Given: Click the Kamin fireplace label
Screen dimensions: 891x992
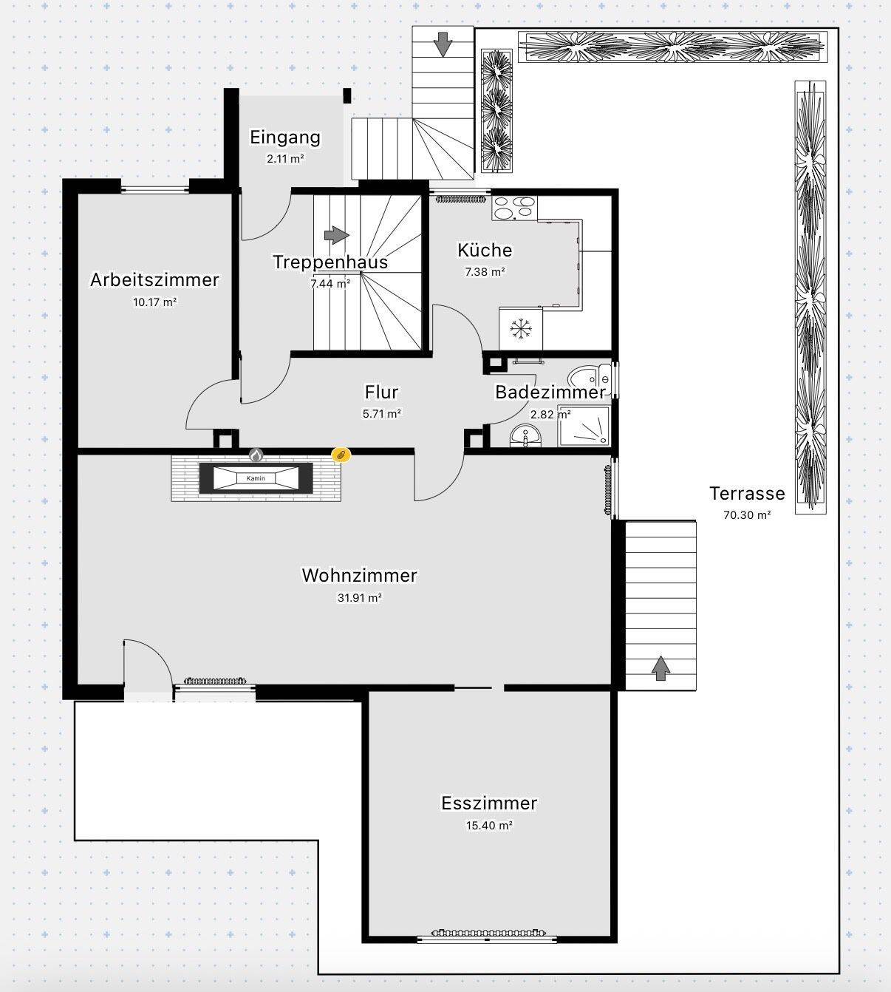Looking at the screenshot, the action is click(256, 478).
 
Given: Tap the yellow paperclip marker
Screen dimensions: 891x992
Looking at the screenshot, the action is click(341, 455).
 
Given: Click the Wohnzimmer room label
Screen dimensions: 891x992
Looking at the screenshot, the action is click(360, 576).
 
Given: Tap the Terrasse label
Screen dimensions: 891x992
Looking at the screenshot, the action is click(747, 493).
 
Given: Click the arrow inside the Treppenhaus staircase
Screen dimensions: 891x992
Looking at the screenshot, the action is click(337, 234).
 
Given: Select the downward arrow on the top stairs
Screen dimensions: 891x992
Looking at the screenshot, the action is click(443, 44).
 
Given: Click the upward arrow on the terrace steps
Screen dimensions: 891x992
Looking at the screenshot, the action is click(660, 668).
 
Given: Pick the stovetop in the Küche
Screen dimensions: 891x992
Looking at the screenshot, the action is click(515, 208).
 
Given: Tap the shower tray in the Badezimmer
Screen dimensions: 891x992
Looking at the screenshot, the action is click(584, 426).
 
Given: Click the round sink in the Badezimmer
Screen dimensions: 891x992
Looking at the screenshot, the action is click(525, 435).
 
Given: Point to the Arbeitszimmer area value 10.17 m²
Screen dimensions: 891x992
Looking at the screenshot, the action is click(154, 302).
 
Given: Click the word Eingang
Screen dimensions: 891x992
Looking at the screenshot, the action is click(285, 137).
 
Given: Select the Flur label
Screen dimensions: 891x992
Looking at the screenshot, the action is click(382, 393).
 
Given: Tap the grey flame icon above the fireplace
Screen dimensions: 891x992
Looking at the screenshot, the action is click(256, 455).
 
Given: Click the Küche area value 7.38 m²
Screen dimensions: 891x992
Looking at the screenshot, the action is click(485, 271).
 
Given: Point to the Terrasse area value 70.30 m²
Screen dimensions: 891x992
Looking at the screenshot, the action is click(747, 514).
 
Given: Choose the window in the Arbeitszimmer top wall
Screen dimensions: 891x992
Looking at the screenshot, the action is click(154, 188).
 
